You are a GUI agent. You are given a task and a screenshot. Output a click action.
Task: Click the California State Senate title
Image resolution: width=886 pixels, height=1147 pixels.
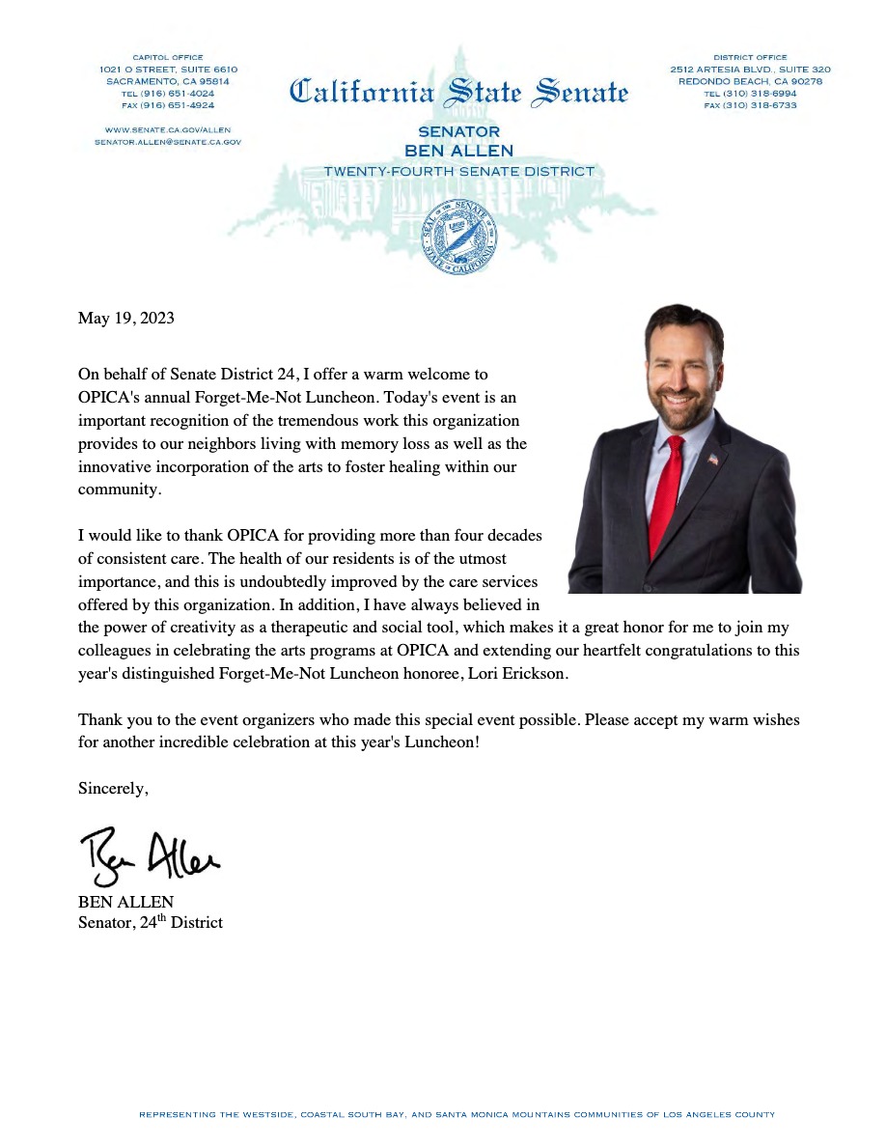coord(458,94)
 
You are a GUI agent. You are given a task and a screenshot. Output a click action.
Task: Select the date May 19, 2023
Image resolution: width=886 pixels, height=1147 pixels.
coord(125,318)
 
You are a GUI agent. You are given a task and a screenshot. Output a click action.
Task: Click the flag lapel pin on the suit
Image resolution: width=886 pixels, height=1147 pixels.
coord(712,461)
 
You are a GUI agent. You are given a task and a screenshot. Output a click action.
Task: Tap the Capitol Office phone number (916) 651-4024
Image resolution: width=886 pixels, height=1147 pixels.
coord(168,94)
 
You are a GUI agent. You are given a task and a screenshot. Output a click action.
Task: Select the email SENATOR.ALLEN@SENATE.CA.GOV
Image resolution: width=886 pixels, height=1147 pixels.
coord(168,141)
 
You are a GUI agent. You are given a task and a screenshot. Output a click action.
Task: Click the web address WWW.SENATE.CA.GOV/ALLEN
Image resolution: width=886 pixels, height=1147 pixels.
coord(168,129)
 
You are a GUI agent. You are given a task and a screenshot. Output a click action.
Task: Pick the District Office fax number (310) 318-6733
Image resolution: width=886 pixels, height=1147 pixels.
coord(750,105)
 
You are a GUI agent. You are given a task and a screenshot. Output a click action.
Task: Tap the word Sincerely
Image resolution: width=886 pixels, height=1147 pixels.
coord(113,789)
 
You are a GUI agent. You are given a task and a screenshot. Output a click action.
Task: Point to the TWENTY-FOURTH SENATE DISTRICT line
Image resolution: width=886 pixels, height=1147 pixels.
coord(458,171)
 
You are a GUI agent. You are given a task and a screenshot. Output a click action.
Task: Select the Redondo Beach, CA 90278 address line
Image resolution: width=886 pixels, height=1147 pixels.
coord(750,81)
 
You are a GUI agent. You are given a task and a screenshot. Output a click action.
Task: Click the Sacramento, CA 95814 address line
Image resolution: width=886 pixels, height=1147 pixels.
coord(168,81)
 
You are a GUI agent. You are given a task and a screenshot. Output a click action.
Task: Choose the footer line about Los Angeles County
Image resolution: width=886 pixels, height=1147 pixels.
coord(457,1115)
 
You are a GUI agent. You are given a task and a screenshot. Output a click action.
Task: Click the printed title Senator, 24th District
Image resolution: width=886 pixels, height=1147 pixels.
coord(150,922)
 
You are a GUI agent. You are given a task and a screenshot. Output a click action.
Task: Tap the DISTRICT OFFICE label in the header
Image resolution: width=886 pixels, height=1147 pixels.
coord(750,57)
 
